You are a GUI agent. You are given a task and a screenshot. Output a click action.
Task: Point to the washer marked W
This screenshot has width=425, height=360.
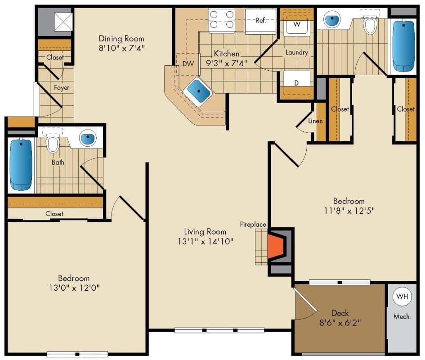pos(297,25)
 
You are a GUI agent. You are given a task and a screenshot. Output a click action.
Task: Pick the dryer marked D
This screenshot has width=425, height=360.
pos(297,83)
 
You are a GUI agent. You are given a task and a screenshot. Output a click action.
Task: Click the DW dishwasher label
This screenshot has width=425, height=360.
pos(188,64)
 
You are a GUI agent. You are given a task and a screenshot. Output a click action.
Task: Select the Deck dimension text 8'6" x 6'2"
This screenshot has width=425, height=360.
pos(340,322)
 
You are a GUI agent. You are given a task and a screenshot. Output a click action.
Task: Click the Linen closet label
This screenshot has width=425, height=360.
pos(315,121)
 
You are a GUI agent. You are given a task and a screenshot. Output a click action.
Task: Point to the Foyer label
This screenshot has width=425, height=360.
pos(62,88)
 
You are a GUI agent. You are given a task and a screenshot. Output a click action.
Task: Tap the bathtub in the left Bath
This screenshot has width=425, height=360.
pos(21,164)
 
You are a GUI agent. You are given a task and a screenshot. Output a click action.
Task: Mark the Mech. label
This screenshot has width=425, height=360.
pos(402,317)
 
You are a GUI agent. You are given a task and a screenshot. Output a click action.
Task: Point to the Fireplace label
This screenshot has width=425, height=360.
pos(253,224)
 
